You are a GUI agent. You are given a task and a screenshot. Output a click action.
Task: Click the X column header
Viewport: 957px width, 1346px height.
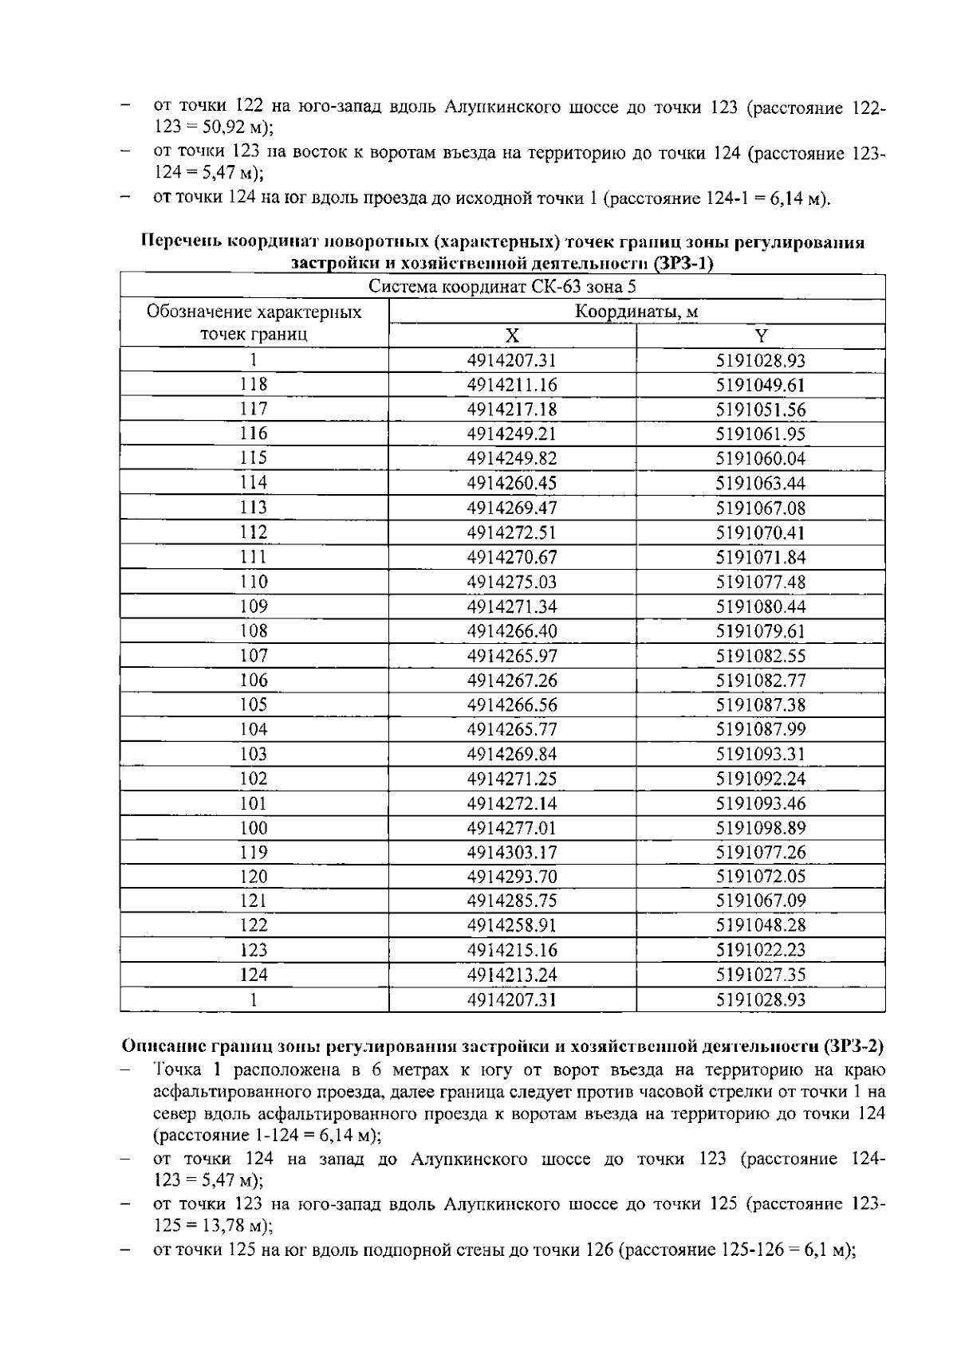tap(512, 336)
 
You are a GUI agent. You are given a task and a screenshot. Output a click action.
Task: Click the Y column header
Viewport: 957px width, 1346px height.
tap(761, 336)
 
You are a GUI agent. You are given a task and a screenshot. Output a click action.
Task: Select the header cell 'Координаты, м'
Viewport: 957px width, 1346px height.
tap(636, 312)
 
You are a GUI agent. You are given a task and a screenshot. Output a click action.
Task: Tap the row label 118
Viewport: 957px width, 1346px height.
tap(254, 385)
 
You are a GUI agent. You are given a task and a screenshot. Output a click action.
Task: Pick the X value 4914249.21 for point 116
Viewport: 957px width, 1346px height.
tap(512, 434)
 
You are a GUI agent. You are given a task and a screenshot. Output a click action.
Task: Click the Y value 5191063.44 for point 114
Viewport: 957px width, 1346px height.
tap(761, 483)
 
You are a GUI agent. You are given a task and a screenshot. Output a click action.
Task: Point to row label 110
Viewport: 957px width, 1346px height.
tap(254, 582)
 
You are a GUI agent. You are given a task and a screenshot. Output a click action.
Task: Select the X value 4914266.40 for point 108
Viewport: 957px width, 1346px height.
tap(512, 631)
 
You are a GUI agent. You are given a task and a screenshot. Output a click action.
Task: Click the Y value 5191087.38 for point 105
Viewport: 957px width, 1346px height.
tap(761, 705)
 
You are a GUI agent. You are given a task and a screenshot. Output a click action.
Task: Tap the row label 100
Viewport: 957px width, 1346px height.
tap(254, 828)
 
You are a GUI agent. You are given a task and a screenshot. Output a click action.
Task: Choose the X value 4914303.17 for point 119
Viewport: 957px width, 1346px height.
tap(512, 853)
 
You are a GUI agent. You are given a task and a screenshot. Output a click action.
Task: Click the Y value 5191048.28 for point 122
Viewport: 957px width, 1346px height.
tap(761, 926)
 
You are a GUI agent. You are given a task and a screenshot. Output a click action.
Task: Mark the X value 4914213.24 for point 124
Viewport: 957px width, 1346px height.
tap(512, 975)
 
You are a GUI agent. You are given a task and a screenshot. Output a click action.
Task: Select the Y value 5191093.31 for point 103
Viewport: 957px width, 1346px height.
tap(761, 754)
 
